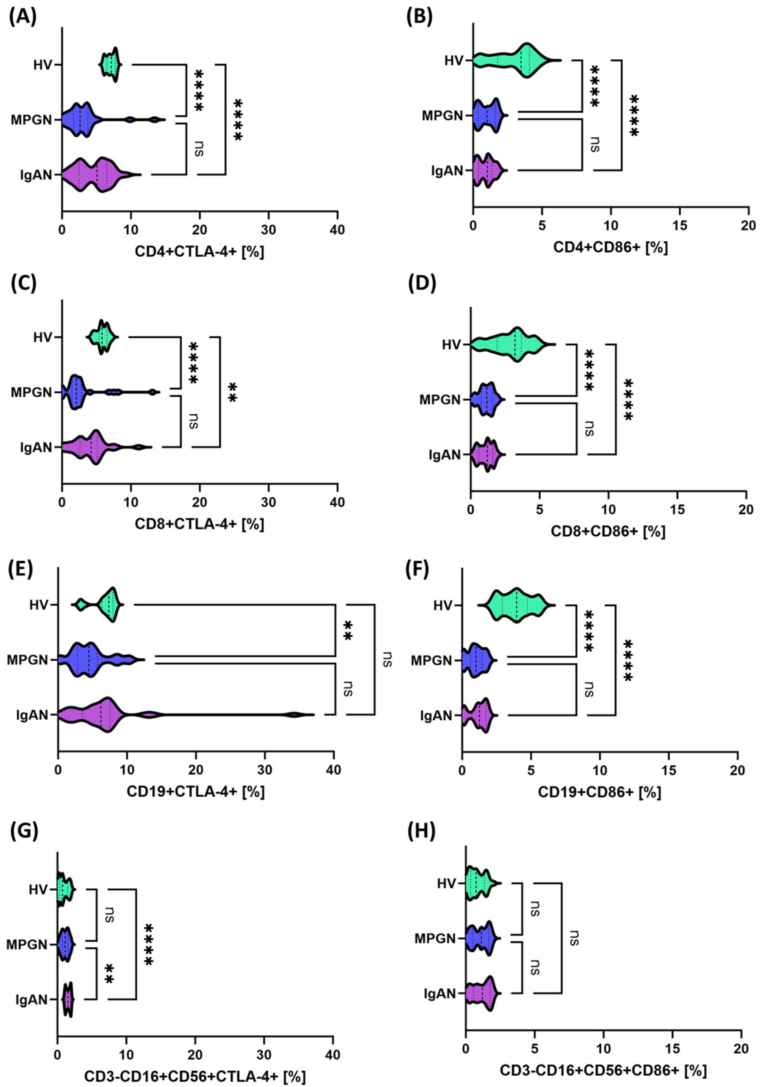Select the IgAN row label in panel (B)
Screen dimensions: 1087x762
tap(447, 171)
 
